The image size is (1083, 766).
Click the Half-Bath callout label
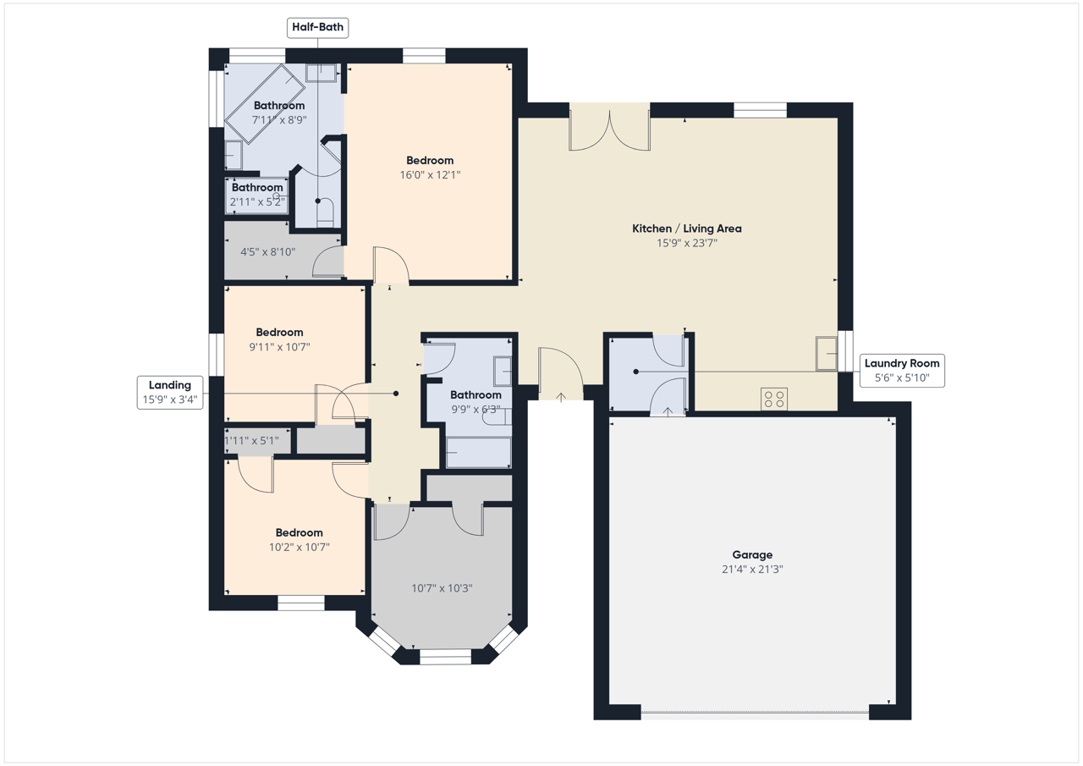[x=317, y=28]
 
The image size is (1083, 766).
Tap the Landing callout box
[x=170, y=392]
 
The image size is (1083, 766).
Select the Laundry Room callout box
[x=902, y=371]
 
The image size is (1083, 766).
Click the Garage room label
[x=752, y=554]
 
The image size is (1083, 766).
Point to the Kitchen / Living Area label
[x=686, y=229]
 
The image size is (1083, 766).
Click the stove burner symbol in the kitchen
[x=774, y=399]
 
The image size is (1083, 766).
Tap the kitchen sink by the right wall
[x=827, y=354]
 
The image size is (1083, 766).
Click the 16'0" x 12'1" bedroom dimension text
[x=430, y=174]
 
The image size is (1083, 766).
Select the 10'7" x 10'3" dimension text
[x=442, y=588]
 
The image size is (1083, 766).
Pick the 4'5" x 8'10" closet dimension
[x=268, y=251]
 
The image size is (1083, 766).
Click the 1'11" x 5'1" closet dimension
[x=251, y=440]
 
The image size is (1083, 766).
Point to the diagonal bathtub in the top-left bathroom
[x=265, y=104]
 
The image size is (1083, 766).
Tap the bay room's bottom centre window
[x=445, y=656]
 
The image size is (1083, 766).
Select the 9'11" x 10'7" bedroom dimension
[x=279, y=347]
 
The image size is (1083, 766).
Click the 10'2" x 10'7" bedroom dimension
[x=300, y=547]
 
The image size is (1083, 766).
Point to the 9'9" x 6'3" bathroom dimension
[x=476, y=409]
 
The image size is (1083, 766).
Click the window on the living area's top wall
[x=760, y=110]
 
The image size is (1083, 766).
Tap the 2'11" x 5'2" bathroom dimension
[x=257, y=201]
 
